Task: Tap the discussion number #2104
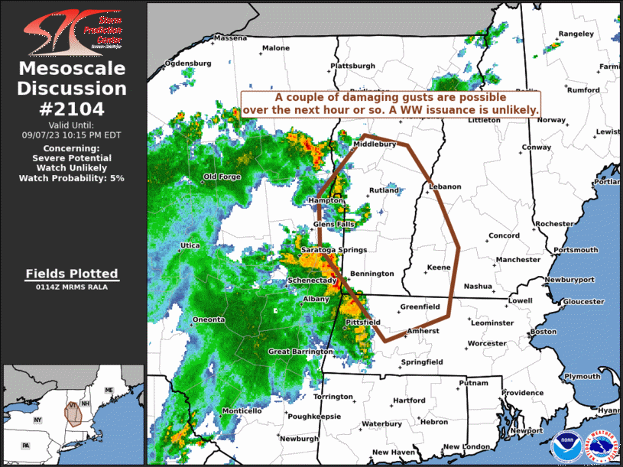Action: (x=72, y=109)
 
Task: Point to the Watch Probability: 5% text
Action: (x=72, y=177)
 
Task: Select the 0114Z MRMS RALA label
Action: (x=72, y=287)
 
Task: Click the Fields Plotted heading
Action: (x=72, y=274)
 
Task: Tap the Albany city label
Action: (x=316, y=298)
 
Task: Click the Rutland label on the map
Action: (x=384, y=190)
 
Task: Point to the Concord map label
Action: (x=505, y=235)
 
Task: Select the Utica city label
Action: (x=190, y=245)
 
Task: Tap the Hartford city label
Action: (x=409, y=401)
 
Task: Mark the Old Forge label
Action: (x=222, y=177)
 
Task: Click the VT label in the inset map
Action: (x=71, y=404)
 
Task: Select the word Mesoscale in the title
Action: (x=72, y=69)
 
